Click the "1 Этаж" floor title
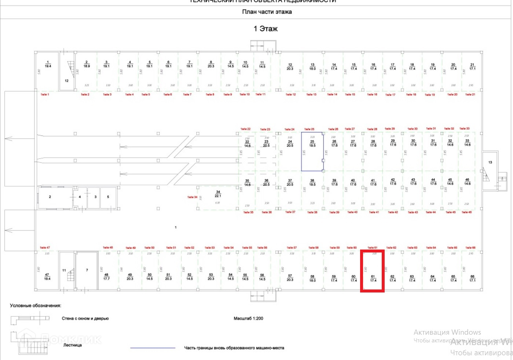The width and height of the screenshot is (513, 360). (265, 29)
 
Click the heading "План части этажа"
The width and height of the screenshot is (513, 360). (267, 12)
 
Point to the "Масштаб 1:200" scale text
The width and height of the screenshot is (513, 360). (248, 318)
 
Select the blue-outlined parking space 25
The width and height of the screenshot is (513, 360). (312, 152)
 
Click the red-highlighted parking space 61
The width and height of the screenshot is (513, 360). (373, 271)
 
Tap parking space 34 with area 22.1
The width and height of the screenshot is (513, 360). (218, 194)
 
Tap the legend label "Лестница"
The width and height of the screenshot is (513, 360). (72, 345)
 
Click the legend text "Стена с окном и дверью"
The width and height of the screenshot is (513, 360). (85, 319)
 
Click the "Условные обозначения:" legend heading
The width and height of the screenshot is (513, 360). (36, 305)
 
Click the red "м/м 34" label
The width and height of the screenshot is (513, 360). (192, 197)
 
